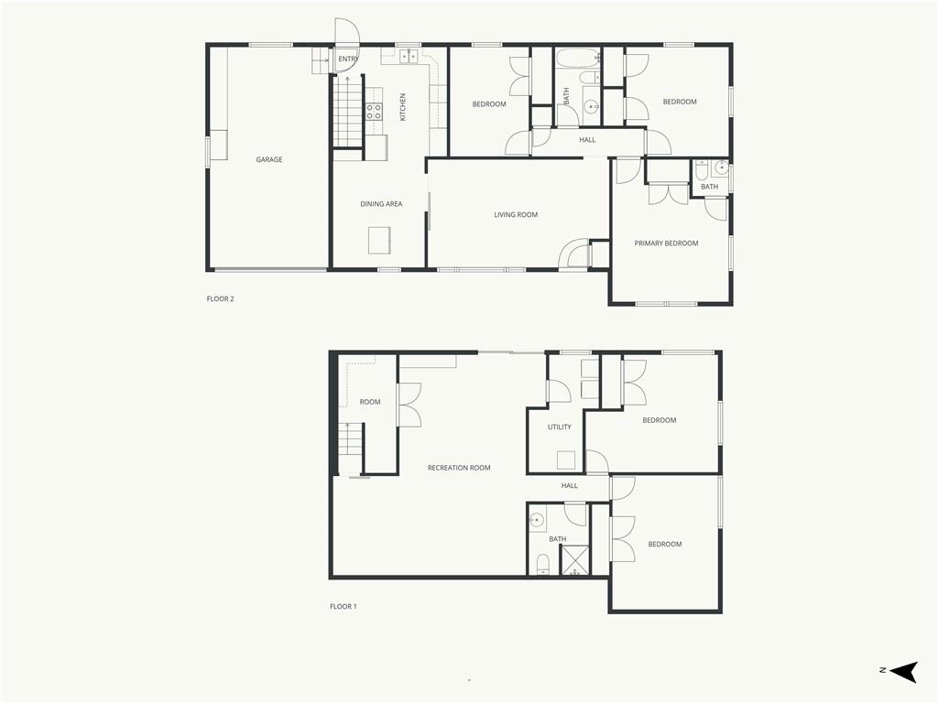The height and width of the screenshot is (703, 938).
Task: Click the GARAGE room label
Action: click(269, 159)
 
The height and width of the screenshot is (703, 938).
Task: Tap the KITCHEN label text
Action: click(403, 107)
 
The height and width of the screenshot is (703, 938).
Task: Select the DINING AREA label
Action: click(381, 204)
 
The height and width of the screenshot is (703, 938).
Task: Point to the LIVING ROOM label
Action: click(516, 214)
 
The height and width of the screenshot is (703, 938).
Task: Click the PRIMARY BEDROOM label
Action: click(667, 243)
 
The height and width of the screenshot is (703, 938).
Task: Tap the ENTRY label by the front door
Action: click(348, 59)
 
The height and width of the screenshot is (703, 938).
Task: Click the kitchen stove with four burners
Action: click(375, 111)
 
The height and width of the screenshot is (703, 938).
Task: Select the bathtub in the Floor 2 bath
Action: click(577, 59)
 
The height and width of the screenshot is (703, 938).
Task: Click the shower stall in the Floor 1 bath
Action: click(574, 561)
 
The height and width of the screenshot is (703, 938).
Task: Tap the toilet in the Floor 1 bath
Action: click(543, 564)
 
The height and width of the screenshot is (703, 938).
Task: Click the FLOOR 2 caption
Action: click(220, 299)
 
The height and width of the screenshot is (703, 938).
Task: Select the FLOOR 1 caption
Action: click(344, 606)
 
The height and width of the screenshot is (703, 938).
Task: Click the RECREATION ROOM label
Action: click(459, 468)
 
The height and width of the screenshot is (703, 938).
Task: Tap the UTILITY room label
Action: click(560, 427)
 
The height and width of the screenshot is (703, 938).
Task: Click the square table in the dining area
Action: click(379, 241)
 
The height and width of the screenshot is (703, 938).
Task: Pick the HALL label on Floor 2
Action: click(587, 140)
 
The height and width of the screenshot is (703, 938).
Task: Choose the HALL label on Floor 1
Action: click(570, 486)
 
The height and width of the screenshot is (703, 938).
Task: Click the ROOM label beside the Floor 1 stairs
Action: click(370, 402)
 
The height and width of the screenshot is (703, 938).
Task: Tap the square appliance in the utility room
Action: click(566, 460)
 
